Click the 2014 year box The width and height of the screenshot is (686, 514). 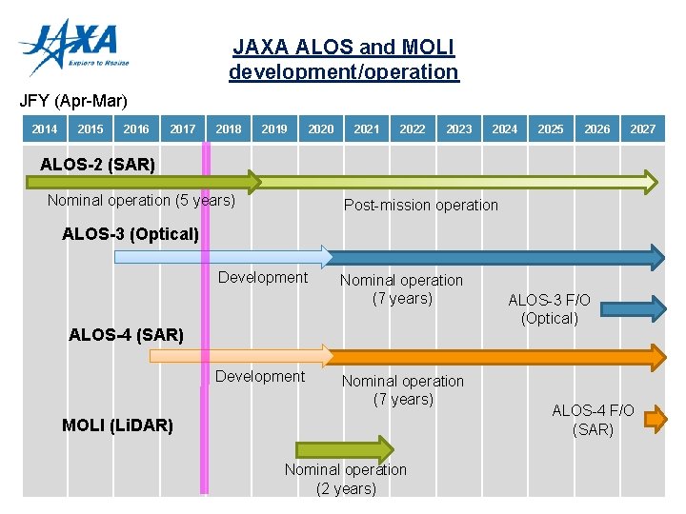[45, 129]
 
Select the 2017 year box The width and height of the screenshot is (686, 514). [183, 129]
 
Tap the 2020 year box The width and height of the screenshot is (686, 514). [321, 129]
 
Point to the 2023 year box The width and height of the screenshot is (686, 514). [459, 129]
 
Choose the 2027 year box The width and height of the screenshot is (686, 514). [643, 129]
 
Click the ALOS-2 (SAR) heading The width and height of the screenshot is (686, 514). [97, 164]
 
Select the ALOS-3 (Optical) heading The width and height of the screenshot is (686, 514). [131, 233]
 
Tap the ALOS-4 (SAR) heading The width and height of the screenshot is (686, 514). [127, 334]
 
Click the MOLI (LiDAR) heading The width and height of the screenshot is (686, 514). [117, 425]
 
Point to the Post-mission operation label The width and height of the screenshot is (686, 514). [420, 205]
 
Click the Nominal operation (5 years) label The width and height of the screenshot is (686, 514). [141, 200]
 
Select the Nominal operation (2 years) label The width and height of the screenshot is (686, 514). [346, 479]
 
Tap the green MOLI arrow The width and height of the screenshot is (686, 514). [344, 449]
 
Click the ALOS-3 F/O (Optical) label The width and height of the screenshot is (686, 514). [550, 309]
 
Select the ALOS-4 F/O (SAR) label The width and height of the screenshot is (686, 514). [593, 420]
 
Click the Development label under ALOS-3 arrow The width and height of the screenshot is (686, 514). [263, 277]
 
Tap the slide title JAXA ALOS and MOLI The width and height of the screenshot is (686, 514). [344, 59]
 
